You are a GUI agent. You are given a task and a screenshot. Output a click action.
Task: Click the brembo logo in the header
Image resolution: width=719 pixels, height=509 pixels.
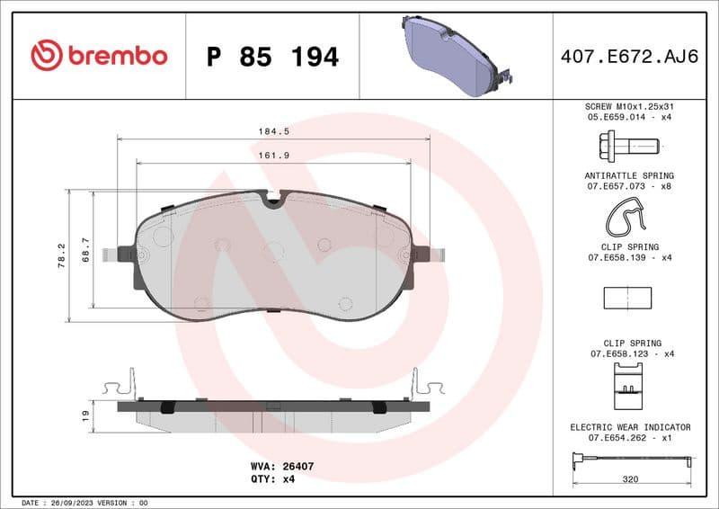coord(99,56)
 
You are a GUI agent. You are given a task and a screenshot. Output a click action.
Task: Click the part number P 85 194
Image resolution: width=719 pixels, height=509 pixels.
coord(272,57)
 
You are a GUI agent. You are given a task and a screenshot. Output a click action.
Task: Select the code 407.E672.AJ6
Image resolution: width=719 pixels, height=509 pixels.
coord(630,57)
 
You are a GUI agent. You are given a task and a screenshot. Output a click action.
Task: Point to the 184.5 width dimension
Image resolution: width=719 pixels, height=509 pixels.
coord(274,130)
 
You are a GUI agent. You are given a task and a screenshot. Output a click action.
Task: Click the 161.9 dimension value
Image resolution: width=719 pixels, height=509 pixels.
coord(274,155)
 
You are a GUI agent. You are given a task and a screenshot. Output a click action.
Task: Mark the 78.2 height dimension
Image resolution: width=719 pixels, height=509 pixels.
coord(61,255)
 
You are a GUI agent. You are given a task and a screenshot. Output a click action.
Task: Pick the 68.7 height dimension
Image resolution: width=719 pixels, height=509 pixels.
coord(86,249)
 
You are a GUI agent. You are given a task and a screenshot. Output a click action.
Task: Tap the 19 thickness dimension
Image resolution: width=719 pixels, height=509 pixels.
coord(85,415)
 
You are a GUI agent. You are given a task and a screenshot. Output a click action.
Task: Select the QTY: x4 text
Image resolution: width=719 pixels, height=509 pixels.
coord(274,479)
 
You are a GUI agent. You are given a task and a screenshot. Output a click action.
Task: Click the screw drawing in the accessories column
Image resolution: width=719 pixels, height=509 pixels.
coord(628,144)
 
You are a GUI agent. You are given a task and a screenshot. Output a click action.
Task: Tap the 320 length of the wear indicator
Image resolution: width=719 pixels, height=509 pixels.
coord(630,479)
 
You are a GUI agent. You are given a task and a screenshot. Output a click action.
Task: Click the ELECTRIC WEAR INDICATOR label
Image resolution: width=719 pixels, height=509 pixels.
coord(630,427)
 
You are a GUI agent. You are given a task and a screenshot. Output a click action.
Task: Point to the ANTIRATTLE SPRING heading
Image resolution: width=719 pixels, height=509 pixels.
coord(629,175)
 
